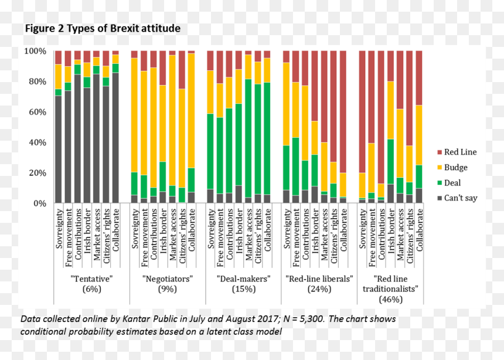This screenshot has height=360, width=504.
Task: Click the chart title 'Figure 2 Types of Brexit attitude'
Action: pos(103,28)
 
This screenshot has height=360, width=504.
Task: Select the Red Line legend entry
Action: pos(457,152)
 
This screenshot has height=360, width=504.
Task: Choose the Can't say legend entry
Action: pos(457,198)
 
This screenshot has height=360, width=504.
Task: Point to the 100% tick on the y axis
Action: pos(35,51)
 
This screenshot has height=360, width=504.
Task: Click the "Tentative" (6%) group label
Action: pos(92,284)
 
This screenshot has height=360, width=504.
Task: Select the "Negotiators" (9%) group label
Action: pos(168,284)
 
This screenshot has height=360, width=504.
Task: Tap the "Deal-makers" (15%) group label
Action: pos(244,284)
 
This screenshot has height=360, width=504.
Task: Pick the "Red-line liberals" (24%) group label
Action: pos(319,284)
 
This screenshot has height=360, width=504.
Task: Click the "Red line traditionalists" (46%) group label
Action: pos(390,289)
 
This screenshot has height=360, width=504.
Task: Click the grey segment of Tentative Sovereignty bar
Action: pos(58,150)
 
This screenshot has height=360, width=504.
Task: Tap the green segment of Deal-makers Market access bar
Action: pos(248,138)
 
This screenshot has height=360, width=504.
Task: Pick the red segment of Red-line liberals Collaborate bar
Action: pos(343,111)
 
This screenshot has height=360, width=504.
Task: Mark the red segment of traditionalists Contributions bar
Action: pos(381,117)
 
